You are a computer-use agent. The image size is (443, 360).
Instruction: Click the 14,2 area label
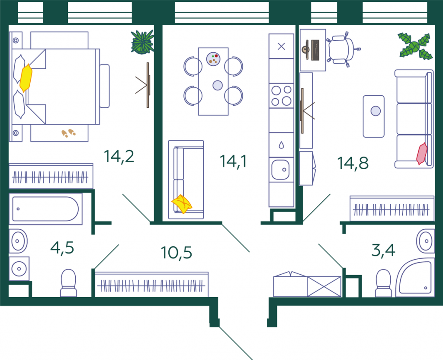[119, 156]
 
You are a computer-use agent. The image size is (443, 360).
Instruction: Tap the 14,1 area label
[233, 161]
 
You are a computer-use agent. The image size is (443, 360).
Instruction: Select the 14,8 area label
[353, 163]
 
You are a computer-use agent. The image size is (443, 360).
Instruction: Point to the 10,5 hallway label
[177, 252]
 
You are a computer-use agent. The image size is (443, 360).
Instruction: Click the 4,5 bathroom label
[62, 248]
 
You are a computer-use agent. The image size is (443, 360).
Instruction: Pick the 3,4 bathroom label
[383, 250]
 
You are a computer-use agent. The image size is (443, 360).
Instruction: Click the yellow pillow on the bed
[26, 78]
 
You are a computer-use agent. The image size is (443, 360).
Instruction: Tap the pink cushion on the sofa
[422, 154]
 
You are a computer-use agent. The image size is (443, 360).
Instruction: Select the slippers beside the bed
[69, 133]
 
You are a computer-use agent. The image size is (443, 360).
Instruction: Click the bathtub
[45, 209]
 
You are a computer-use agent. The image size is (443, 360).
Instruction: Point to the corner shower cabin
[415, 277]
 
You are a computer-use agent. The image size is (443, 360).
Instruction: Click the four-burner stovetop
[281, 96]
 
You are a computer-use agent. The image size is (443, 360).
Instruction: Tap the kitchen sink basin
[280, 170]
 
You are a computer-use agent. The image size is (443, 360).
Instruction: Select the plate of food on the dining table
[213, 59]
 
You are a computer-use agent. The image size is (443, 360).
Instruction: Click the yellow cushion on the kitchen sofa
[182, 204]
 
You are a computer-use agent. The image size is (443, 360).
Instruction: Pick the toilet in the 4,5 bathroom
[68, 283]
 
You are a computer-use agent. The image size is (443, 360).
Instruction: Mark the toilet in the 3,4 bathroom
[383, 283]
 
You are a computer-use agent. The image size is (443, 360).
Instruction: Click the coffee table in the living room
[373, 116]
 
